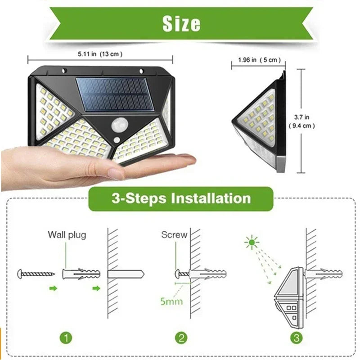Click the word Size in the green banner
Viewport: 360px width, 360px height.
click(x=181, y=23)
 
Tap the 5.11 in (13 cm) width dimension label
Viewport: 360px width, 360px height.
click(x=100, y=54)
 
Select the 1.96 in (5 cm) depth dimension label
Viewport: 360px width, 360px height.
click(x=259, y=60)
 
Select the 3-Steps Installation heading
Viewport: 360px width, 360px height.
click(x=181, y=198)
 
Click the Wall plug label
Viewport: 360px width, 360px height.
click(x=67, y=234)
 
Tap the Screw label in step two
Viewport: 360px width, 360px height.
click(x=174, y=234)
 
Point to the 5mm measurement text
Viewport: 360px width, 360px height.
click(x=171, y=300)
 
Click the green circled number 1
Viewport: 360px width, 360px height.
click(x=66, y=337)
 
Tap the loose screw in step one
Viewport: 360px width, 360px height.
click(x=36, y=273)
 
